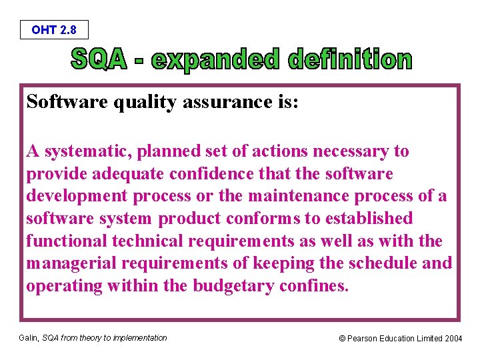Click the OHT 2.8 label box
(x=54, y=30)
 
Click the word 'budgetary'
(x=236, y=286)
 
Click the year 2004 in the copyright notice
(x=453, y=339)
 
